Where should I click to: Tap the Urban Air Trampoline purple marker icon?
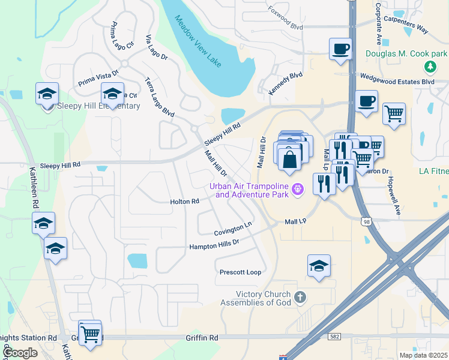pyautogui.click(x=297, y=190)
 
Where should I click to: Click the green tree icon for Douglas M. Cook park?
pyautogui.click(x=429, y=66)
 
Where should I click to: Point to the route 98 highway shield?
pyautogui.click(x=366, y=222)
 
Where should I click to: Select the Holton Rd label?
pyautogui.click(x=184, y=202)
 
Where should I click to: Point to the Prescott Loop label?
pyautogui.click(x=240, y=272)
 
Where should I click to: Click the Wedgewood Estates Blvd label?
pyautogui.click(x=396, y=80)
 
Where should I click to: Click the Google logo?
pyautogui.click(x=20, y=352)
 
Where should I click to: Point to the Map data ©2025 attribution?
pyautogui.click(x=423, y=355)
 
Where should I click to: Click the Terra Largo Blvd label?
pyautogui.click(x=160, y=97)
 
